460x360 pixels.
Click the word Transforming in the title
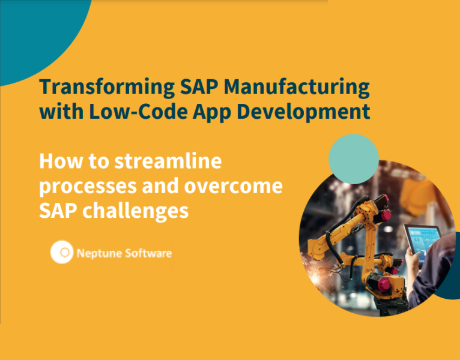click(107, 88)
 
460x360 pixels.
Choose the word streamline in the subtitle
click(168, 161)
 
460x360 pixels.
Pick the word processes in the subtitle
click(88, 187)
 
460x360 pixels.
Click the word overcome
click(233, 186)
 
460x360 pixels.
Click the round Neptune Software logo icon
click(62, 252)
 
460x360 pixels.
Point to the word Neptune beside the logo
click(98, 254)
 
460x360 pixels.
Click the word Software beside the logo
click(148, 253)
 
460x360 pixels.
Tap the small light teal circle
click(354, 159)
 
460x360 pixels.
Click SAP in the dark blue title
click(199, 88)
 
